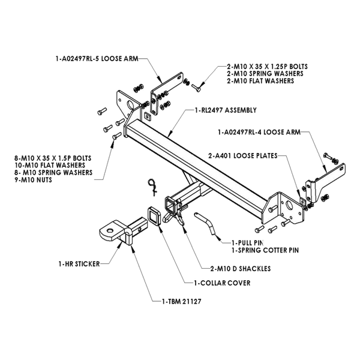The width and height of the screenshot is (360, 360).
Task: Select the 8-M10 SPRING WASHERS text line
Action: pyautogui.click(x=53, y=172)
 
